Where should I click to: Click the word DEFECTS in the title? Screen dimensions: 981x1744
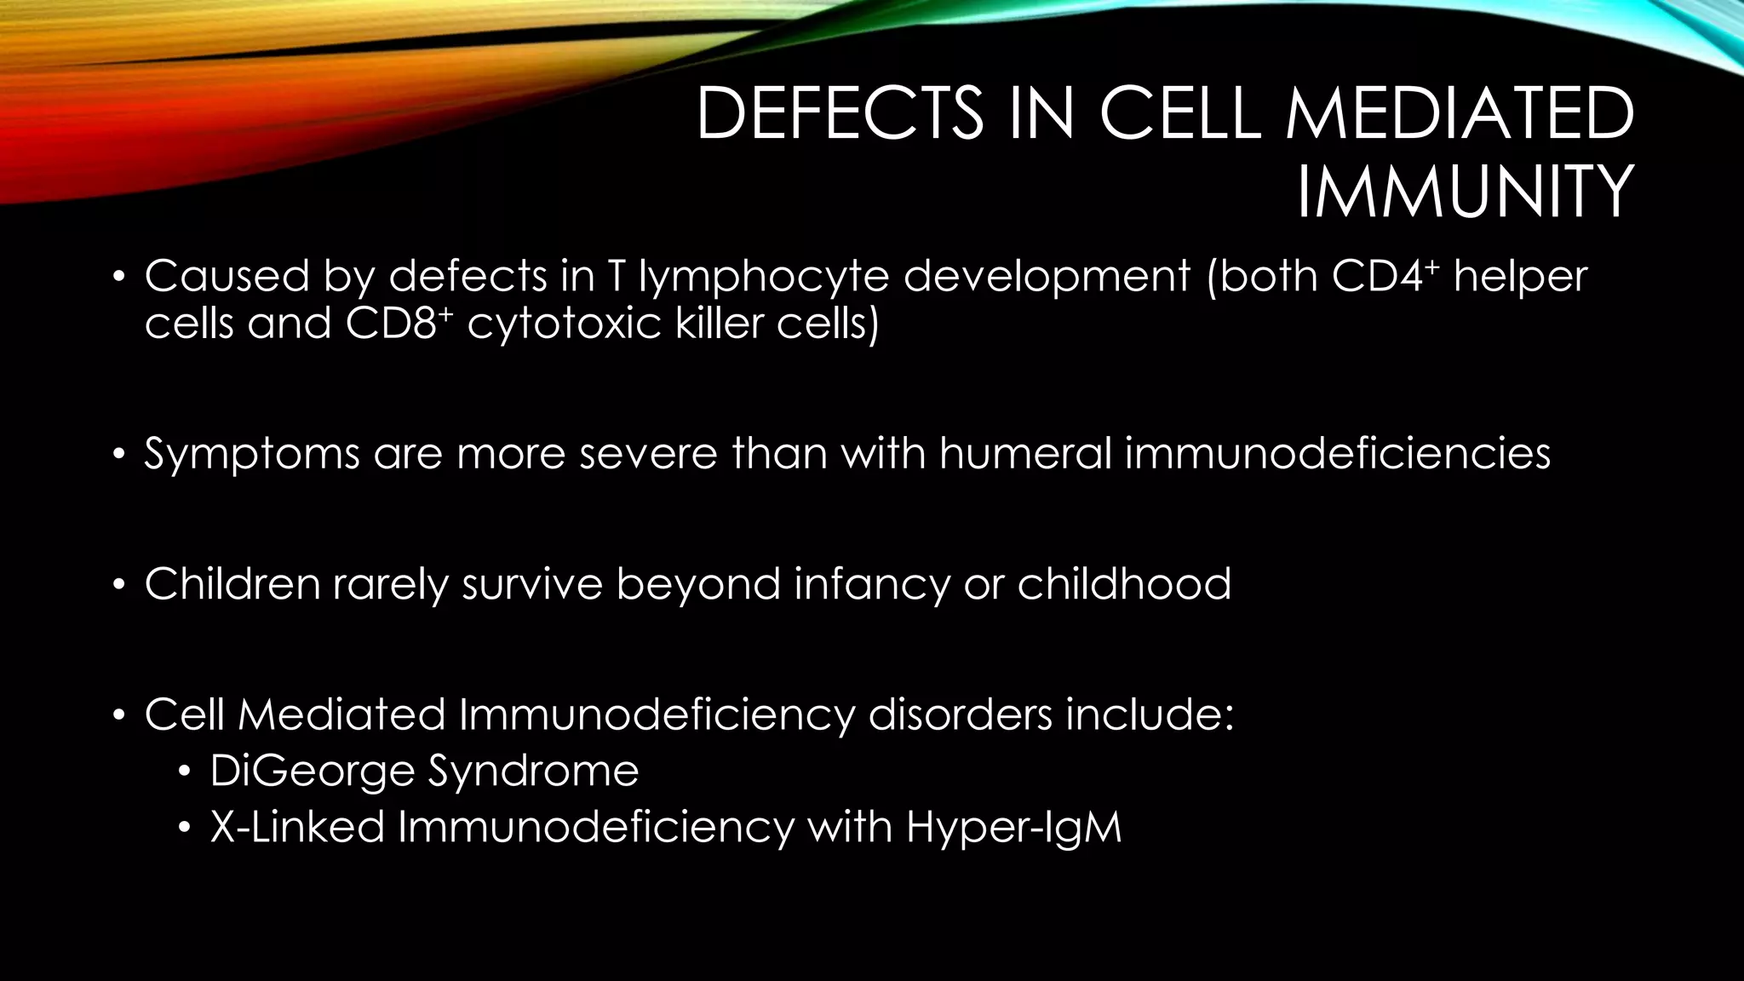839,115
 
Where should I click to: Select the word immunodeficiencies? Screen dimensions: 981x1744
1338,453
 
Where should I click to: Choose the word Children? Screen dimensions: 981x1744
232,584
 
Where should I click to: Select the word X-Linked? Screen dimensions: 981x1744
297,826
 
